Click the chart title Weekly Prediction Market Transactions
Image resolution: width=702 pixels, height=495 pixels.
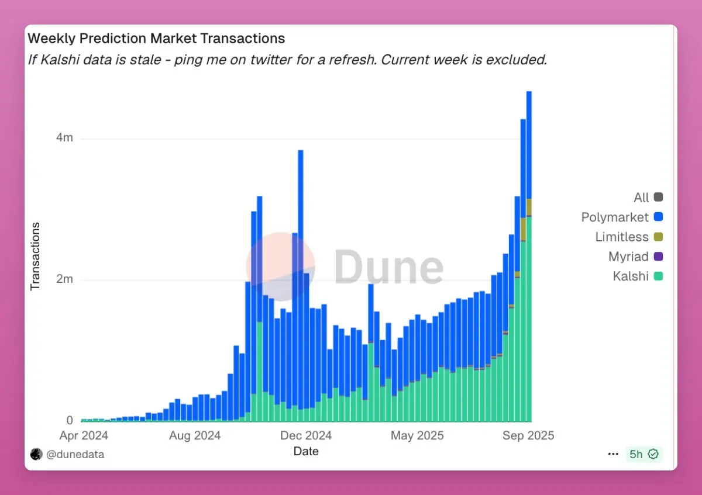pos(156,39)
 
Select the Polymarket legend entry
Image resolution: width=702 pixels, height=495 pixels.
pos(622,217)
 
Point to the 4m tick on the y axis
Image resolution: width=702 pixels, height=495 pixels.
pos(64,138)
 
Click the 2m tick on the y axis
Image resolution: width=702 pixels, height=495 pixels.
pos(64,279)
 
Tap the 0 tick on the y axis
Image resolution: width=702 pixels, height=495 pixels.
pos(70,421)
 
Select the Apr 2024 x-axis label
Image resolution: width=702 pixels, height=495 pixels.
pos(84,435)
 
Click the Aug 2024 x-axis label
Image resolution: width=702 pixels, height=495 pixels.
pos(195,435)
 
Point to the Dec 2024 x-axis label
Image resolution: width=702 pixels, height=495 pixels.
pos(306,435)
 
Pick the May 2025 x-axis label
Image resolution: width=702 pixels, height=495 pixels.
pos(417,435)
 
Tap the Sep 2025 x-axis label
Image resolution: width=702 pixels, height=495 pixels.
pos(528,435)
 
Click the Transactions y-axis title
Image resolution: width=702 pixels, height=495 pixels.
pos(35,255)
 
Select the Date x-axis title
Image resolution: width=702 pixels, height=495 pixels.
pos(306,451)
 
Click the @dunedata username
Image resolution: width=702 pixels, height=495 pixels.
pos(75,454)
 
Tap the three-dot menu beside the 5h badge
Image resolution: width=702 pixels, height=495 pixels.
pos(613,454)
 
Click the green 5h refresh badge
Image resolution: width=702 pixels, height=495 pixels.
pos(643,454)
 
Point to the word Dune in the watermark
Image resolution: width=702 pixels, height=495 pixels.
pos(388,268)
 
